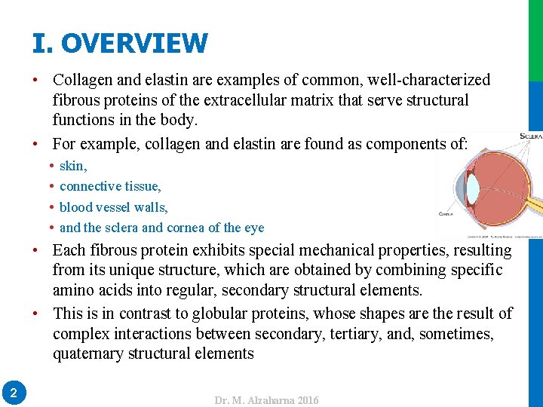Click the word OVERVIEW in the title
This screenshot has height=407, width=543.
point(133,43)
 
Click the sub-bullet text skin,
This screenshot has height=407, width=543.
point(73,166)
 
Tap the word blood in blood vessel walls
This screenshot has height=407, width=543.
point(76,207)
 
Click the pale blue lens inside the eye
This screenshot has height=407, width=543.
point(472,185)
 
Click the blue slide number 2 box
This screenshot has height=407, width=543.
point(14,392)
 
